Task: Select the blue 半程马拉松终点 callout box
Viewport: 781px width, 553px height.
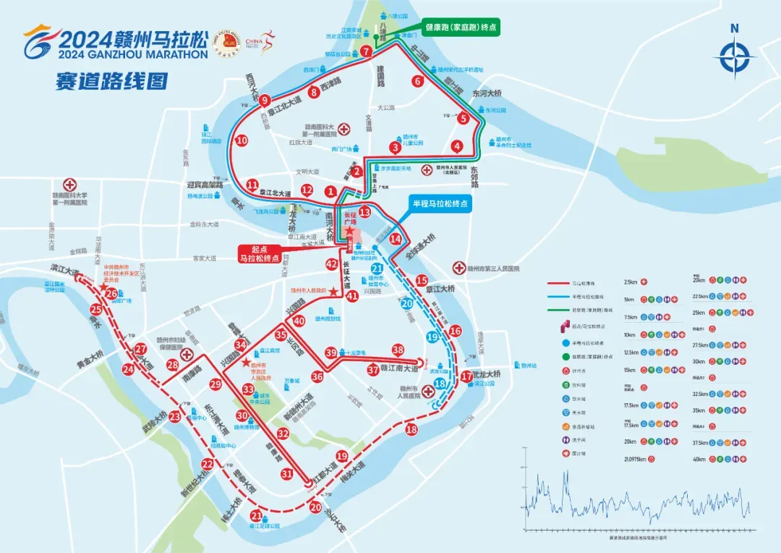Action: click(440, 204)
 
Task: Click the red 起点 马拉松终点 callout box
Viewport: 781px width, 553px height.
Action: click(260, 253)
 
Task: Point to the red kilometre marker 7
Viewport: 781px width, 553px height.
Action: click(367, 51)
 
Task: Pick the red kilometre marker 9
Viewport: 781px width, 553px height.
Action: click(265, 101)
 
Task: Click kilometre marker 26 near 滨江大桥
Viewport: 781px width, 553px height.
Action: click(111, 293)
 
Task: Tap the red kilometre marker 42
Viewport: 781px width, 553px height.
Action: click(332, 264)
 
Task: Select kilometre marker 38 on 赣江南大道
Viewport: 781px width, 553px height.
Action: click(398, 350)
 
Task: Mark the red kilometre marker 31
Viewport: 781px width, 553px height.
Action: click(287, 474)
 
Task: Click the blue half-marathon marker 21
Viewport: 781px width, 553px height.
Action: click(377, 269)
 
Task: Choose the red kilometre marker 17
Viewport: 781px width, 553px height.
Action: click(466, 376)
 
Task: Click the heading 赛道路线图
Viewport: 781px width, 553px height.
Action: click(111, 80)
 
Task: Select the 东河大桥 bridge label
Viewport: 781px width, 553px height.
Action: click(487, 93)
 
